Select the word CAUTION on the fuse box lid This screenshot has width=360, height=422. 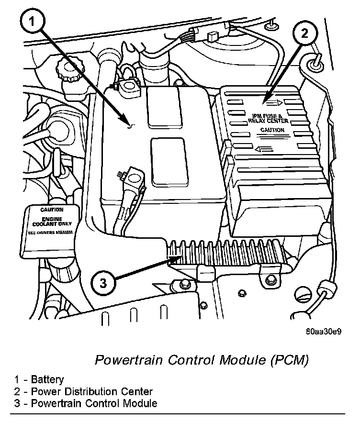coord(272,130)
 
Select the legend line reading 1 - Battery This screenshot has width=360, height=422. coord(39,380)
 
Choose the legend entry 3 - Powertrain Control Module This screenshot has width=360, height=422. coord(85,403)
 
